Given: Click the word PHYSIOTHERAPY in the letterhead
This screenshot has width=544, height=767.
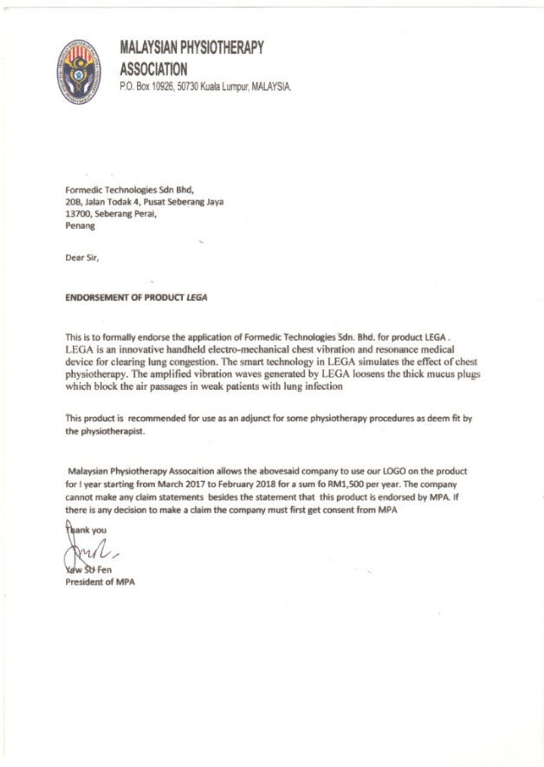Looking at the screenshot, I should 217,48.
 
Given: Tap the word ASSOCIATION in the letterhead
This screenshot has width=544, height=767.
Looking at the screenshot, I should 153,68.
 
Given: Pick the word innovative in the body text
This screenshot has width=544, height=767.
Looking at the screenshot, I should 140,348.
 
